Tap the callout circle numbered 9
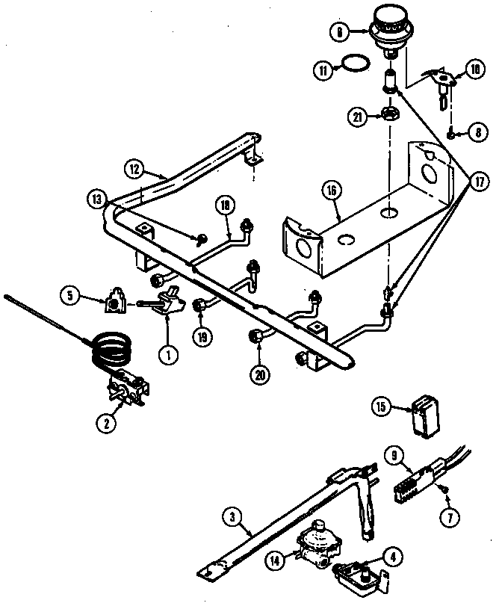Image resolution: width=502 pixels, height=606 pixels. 395,454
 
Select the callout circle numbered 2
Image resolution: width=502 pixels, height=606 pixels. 108,423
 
